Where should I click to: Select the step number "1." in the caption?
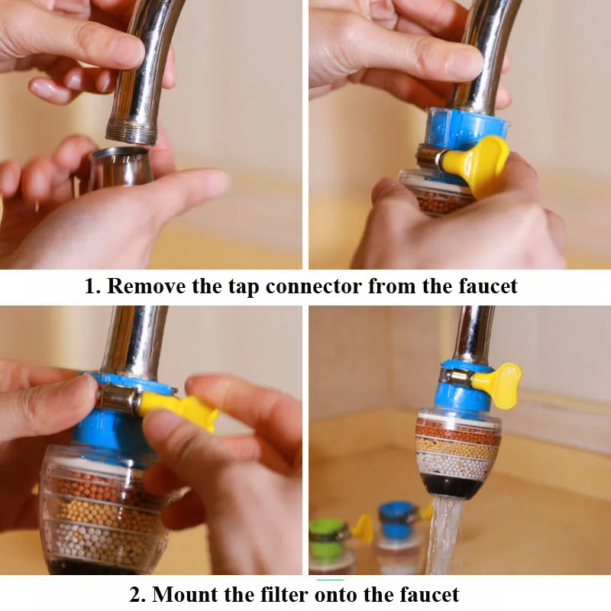92,286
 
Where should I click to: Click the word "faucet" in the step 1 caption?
486,286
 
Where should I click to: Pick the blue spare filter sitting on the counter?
397,527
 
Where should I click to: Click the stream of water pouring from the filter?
443,535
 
